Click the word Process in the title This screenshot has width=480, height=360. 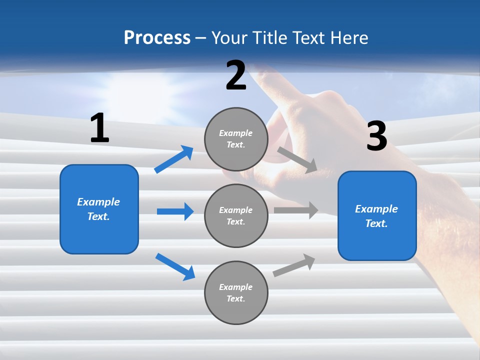pos(157,37)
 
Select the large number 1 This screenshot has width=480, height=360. pos(99,128)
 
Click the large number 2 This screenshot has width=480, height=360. pos(236,75)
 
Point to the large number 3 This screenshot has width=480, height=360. pos(376,136)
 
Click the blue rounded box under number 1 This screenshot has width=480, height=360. pos(99,209)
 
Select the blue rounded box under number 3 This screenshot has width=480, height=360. pos(377,215)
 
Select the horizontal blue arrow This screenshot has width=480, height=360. pos(175,211)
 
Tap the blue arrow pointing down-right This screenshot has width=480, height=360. pos(175,266)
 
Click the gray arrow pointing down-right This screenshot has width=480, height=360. pos(297,160)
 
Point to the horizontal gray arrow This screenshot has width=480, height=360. pos(296,210)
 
